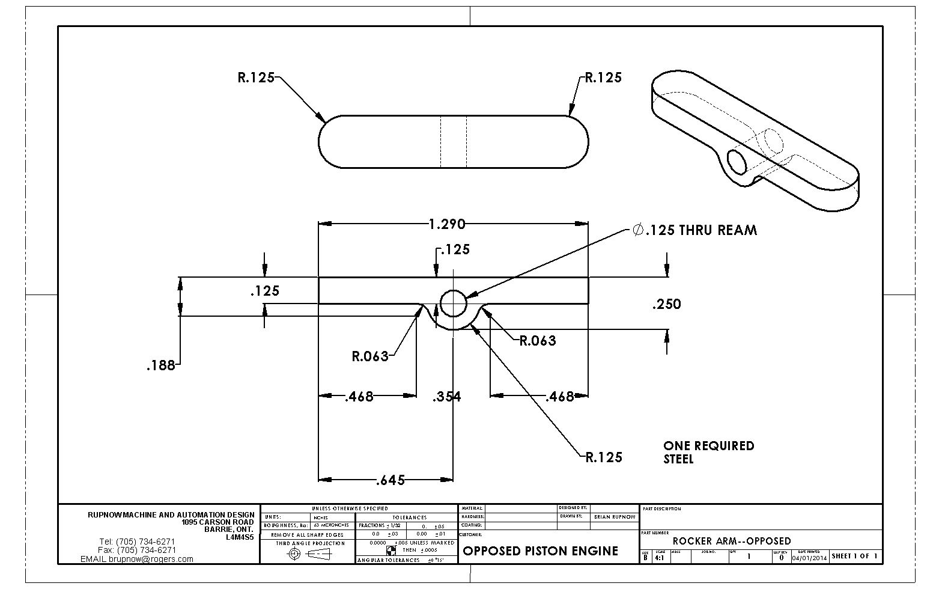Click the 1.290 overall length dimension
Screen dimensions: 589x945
(x=447, y=224)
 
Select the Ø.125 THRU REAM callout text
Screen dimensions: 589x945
(x=694, y=230)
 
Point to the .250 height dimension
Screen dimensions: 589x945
(x=667, y=304)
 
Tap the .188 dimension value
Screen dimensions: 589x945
(x=160, y=365)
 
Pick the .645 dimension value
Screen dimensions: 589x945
(x=390, y=480)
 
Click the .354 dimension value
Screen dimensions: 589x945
(x=447, y=397)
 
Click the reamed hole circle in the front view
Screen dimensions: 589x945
(x=454, y=303)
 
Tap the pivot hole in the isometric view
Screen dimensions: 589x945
(x=736, y=162)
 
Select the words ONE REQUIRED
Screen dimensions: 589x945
(x=708, y=446)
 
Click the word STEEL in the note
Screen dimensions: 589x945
(x=678, y=459)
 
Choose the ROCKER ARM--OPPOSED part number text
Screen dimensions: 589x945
(x=731, y=541)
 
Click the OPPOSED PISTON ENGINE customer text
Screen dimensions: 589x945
(x=540, y=551)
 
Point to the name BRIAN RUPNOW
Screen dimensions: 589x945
(x=614, y=517)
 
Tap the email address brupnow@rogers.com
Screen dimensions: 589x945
(x=137, y=559)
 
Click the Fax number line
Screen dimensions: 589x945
(x=137, y=550)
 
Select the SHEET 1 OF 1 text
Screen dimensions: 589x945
(x=854, y=556)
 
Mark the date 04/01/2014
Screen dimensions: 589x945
(x=809, y=557)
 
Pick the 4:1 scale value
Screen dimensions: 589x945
(x=660, y=557)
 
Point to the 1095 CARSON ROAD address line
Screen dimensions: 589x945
(x=217, y=522)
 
